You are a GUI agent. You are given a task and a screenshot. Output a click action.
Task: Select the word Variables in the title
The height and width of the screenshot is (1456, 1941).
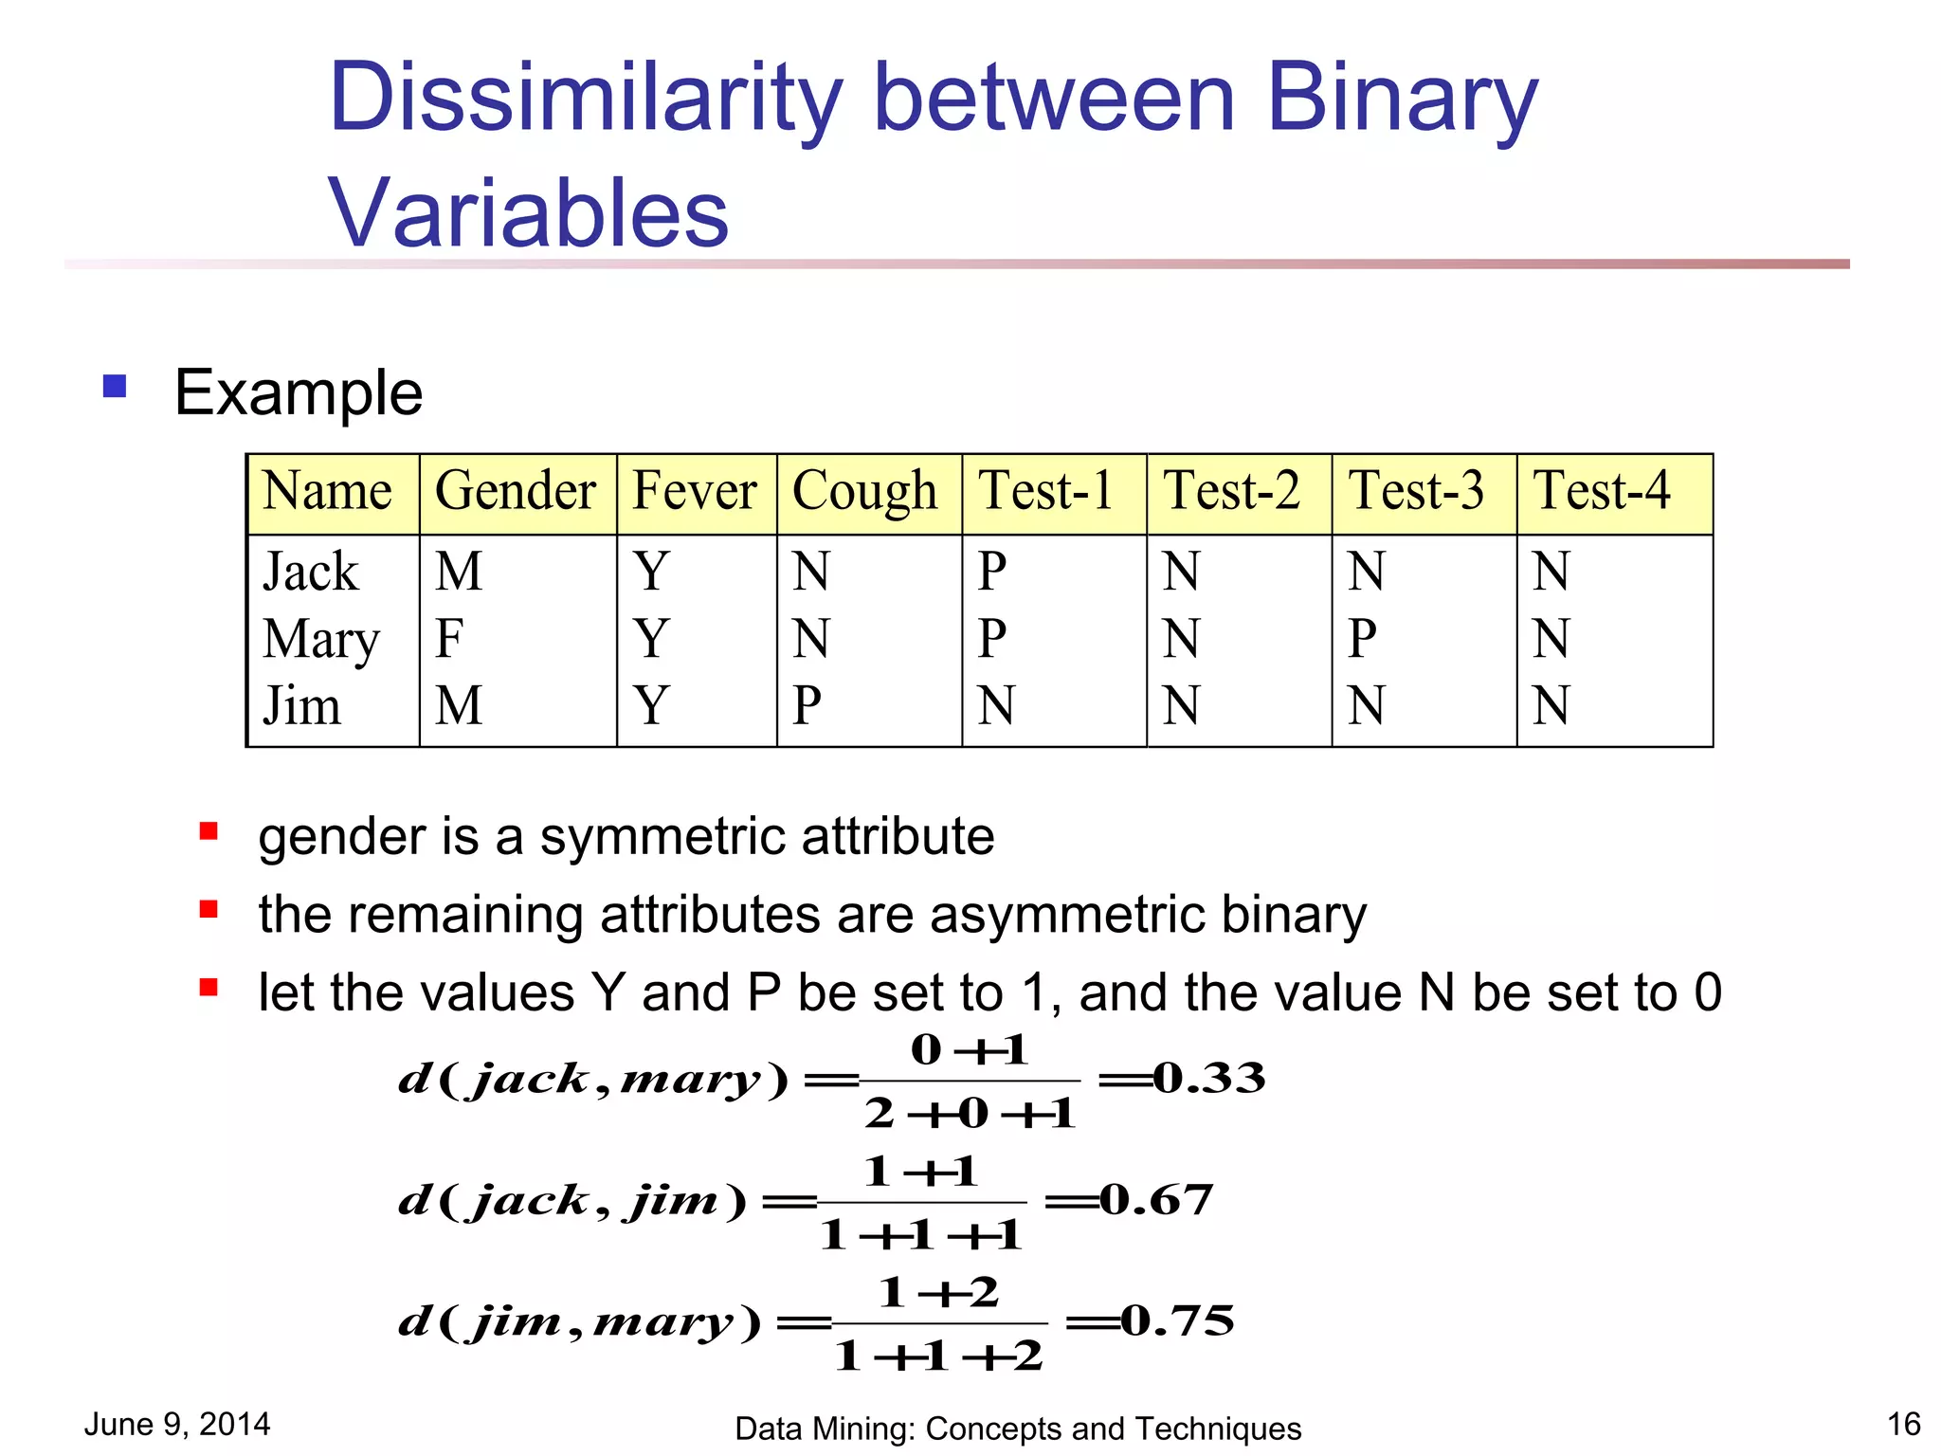pos(528,213)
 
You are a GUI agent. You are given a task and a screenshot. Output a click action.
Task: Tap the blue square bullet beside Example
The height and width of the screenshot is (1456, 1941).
pos(115,386)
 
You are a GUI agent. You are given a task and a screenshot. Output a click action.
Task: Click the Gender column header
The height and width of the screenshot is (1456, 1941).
pos(516,492)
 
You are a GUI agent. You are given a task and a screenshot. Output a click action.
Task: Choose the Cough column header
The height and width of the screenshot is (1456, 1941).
pos(864,492)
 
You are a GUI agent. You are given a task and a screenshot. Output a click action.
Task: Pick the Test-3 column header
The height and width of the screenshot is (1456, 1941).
pos(1416,492)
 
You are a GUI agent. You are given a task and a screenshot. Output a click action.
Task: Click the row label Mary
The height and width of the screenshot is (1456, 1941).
pos(321,640)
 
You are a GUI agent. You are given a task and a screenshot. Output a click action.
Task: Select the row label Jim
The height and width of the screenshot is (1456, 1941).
pos(301,706)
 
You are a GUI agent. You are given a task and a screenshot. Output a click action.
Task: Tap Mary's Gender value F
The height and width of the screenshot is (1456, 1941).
pos(449,639)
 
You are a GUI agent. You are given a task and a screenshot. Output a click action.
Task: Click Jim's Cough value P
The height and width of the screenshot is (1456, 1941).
pos(807,706)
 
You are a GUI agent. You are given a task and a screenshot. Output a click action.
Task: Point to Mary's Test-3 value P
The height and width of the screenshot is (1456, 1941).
pos(1362,639)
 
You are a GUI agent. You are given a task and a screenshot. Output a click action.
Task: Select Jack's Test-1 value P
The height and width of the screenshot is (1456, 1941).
pos(992,572)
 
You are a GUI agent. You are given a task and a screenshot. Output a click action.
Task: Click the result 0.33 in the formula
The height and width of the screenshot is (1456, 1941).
pos(1209,1078)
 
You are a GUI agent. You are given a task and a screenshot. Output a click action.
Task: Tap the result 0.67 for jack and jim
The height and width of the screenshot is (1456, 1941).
pos(1156,1200)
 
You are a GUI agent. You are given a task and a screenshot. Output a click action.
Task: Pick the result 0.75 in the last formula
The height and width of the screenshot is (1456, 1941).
pos(1178,1320)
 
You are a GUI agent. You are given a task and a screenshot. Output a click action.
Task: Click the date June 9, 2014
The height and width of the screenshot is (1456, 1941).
pos(177,1424)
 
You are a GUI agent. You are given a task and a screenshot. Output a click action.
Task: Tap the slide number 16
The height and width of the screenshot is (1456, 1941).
pos(1903,1424)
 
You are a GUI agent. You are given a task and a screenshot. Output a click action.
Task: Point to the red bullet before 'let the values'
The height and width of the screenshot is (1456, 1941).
pos(209,988)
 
